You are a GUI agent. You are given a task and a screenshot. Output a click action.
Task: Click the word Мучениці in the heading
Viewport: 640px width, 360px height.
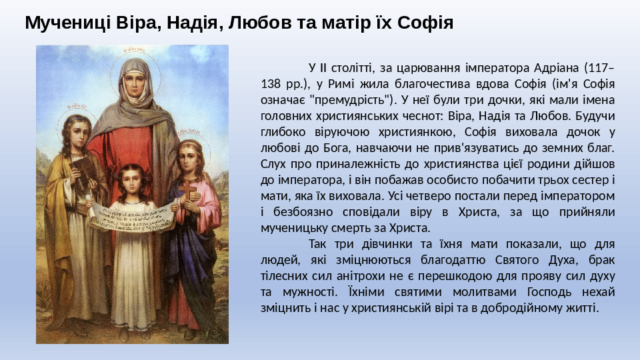(68, 23)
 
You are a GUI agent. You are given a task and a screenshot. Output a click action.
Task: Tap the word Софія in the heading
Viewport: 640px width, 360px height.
(425, 23)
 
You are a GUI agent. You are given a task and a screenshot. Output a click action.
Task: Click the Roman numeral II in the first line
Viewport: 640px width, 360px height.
(323, 67)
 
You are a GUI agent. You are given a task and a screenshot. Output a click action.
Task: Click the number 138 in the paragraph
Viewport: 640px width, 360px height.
(271, 84)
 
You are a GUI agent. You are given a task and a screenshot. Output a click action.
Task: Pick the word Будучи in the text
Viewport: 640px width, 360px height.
(595, 116)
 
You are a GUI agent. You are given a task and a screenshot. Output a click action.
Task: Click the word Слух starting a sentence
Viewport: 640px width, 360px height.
(273, 164)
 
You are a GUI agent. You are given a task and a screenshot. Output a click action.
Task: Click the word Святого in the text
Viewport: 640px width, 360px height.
(516, 260)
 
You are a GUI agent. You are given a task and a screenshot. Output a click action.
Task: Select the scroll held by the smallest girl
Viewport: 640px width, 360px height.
(132, 215)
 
